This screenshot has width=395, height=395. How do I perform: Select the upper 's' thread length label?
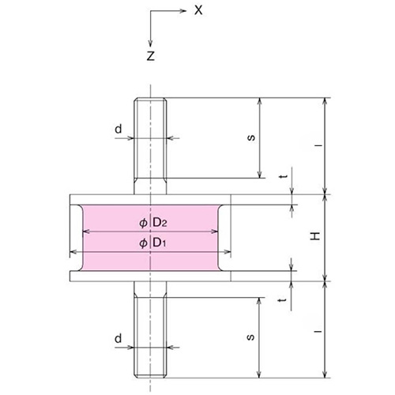pos(250,137)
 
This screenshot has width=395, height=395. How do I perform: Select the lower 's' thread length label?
pos(250,337)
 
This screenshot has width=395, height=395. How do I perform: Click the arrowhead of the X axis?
pos(186,12)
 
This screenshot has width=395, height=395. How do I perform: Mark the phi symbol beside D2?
pos(143,222)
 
